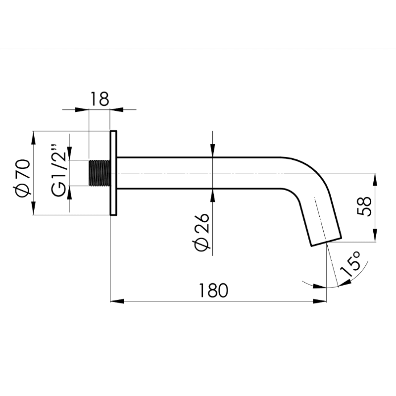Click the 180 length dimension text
tap(214, 290)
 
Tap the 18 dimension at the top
tap(99, 99)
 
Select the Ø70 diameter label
tap(23, 177)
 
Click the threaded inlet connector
tap(99, 173)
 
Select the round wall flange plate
tap(113, 173)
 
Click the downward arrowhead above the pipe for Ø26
tap(212, 151)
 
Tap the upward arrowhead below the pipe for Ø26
tap(212, 195)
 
